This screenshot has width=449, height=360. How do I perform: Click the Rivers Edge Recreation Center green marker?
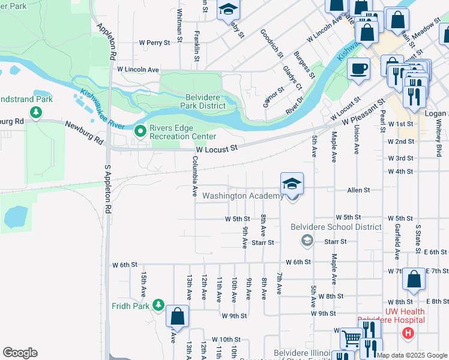(140, 130)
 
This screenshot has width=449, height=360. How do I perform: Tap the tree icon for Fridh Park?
(158, 305)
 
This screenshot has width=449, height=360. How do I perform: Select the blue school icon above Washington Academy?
(292, 183)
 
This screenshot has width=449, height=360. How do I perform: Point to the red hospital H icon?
(408, 332)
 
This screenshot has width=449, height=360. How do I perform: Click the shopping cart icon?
(350, 339)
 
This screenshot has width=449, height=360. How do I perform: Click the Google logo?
(20, 352)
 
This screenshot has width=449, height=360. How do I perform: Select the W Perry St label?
(155, 43)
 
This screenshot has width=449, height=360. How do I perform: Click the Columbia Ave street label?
(194, 176)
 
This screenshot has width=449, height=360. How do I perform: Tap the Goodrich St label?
(271, 43)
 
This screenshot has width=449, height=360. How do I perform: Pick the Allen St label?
(358, 190)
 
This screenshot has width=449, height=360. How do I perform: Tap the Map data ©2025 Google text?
(412, 355)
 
